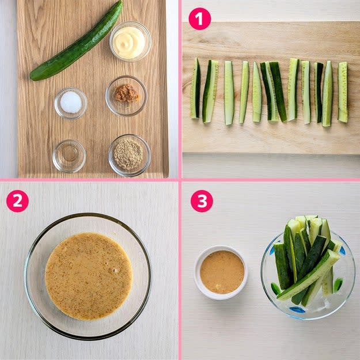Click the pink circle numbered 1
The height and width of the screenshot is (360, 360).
199,19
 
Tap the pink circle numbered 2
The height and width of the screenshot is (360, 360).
17,201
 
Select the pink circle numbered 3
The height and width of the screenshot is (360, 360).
202,201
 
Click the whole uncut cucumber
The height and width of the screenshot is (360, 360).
76,41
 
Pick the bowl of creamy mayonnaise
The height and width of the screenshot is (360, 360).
130,41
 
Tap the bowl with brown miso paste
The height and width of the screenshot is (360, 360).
126,96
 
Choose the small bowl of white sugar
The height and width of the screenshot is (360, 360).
71,103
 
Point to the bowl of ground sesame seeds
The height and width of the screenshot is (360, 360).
129,156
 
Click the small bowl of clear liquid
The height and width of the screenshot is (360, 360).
69,156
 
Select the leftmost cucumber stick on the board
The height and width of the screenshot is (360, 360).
195,88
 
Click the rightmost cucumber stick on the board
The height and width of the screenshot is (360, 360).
343,92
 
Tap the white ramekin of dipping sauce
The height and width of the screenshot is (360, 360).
221,272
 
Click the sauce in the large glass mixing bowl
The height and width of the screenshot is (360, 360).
89,276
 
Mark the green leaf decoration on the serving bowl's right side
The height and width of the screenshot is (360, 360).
338,284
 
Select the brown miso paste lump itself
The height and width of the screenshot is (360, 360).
126,93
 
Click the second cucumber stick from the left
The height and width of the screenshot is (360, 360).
210,91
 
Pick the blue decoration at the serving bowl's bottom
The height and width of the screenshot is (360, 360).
297,310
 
